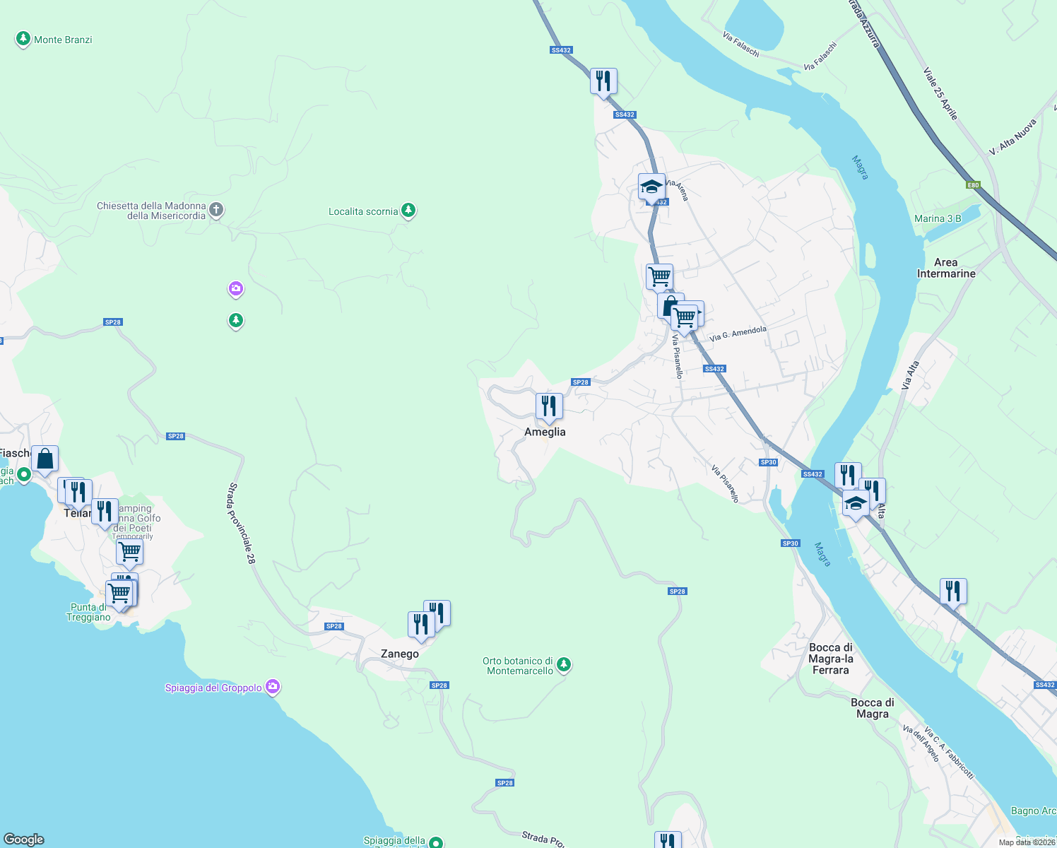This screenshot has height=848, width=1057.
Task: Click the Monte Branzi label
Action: [63, 40]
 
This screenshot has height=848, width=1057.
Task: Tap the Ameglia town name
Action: [545, 432]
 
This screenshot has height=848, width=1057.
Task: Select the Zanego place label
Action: [400, 654]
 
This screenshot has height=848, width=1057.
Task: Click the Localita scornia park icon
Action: [408, 211]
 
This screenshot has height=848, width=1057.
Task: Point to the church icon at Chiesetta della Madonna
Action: [217, 210]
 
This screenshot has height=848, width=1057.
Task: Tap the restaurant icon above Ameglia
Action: [549, 407]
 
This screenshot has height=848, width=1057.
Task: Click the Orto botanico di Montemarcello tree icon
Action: [564, 664]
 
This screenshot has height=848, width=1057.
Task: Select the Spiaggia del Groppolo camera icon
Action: [273, 687]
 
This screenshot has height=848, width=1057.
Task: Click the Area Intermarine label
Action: [946, 268]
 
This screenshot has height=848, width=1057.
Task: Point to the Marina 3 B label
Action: [938, 218]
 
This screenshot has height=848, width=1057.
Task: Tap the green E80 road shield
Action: [974, 185]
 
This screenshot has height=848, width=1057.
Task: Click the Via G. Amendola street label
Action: [738, 334]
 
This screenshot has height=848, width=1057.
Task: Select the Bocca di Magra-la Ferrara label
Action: [831, 659]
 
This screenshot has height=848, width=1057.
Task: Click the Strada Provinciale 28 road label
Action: [241, 523]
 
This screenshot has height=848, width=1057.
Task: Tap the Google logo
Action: [24, 840]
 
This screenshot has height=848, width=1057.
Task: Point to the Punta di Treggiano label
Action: [89, 612]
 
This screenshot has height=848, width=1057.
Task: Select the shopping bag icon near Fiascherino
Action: [45, 459]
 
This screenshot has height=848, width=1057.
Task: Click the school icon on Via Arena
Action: [651, 187]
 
